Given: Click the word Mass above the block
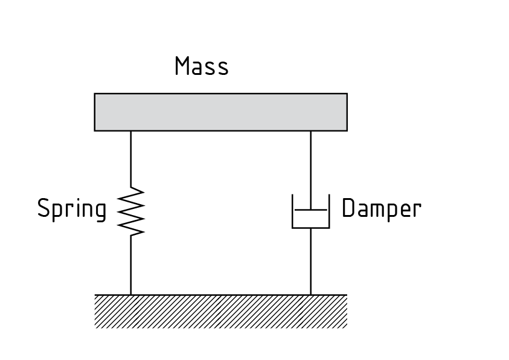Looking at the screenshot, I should click(202, 66).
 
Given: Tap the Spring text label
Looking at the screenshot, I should click(72, 209).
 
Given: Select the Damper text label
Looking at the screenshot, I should click(381, 208).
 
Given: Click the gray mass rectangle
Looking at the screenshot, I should click(220, 112).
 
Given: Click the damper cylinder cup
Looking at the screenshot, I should click(311, 221).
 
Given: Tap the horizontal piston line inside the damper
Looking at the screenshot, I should click(311, 210).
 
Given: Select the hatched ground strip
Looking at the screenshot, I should click(220, 311).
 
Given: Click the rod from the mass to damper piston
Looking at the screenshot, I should click(311, 169).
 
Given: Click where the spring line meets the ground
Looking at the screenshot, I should click(131, 295).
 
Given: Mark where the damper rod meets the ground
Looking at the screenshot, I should click(311, 295).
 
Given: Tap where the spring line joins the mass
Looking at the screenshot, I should click(131, 130).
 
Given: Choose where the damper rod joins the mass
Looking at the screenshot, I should click(311, 130).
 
